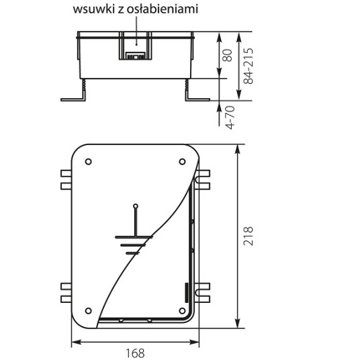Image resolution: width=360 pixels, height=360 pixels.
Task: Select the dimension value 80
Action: (x=228, y=55)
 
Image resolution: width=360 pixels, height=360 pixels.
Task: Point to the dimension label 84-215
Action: (x=249, y=66)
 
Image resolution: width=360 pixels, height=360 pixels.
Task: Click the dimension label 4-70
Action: (x=230, y=118)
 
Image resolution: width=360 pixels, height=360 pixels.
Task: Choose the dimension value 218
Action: (x=249, y=236)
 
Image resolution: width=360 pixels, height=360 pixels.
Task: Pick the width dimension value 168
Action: (x=135, y=353)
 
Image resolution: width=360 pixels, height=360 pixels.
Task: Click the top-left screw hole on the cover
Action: (x=89, y=162)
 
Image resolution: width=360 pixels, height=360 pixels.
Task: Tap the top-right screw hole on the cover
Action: (x=182, y=162)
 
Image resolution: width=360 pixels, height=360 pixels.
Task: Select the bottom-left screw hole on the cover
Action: (x=89, y=311)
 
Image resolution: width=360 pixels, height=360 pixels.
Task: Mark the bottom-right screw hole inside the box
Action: (x=182, y=311)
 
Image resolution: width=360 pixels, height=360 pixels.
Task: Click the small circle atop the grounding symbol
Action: (x=136, y=206)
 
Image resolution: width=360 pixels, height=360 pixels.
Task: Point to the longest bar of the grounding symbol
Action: (x=134, y=237)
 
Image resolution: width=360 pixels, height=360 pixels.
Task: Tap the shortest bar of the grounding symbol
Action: (x=133, y=253)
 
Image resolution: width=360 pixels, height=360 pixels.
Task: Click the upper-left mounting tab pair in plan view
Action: (x=66, y=180)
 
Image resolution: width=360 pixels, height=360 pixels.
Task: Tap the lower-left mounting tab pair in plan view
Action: (x=66, y=293)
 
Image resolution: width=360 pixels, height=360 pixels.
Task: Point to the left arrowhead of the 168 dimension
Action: (x=77, y=343)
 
